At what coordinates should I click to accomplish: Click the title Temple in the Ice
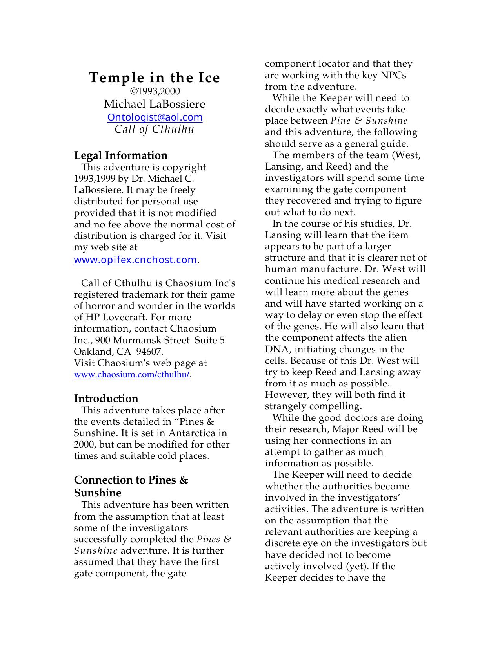155,78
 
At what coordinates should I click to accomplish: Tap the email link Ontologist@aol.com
155,117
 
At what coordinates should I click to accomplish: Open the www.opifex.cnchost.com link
135,260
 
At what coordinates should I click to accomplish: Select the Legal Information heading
121,155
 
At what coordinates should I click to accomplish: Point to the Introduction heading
106,399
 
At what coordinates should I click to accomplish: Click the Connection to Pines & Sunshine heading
131,486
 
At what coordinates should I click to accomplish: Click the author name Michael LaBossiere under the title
155,104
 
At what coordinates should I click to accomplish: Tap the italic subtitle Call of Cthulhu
155,129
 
